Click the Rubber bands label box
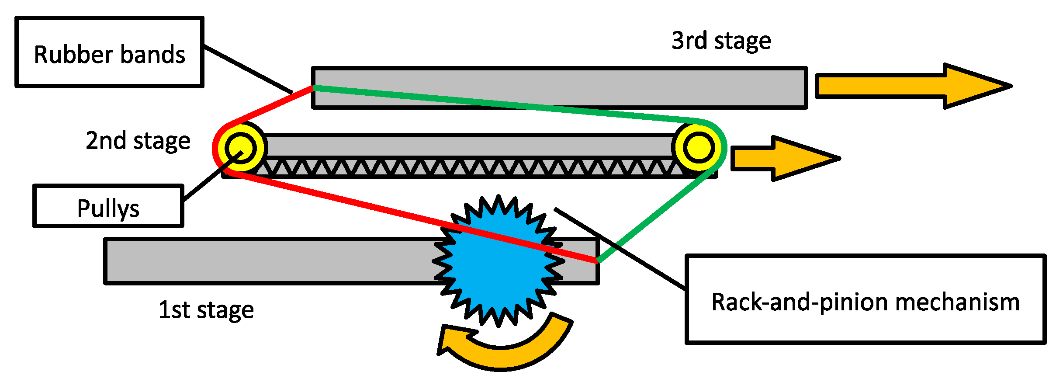109,52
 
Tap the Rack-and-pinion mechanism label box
865,300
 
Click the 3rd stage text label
721,41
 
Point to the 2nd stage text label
138,141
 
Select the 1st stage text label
206,310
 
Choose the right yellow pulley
698,147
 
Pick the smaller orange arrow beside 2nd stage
782,158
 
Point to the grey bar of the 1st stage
262,261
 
